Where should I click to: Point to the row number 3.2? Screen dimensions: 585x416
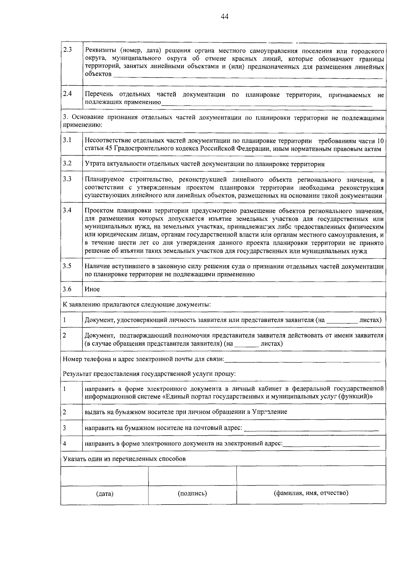67,163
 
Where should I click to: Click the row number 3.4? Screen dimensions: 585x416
67,210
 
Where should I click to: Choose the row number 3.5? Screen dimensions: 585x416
67,266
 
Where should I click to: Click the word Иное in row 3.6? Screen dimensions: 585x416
92,289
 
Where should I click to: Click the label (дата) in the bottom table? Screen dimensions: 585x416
105,494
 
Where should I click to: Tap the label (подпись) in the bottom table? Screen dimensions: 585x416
192,493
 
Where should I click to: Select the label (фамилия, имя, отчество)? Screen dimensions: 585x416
311,493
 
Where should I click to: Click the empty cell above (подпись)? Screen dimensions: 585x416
192,475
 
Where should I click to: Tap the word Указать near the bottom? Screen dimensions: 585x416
73,459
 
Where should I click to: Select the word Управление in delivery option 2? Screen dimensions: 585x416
269,412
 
